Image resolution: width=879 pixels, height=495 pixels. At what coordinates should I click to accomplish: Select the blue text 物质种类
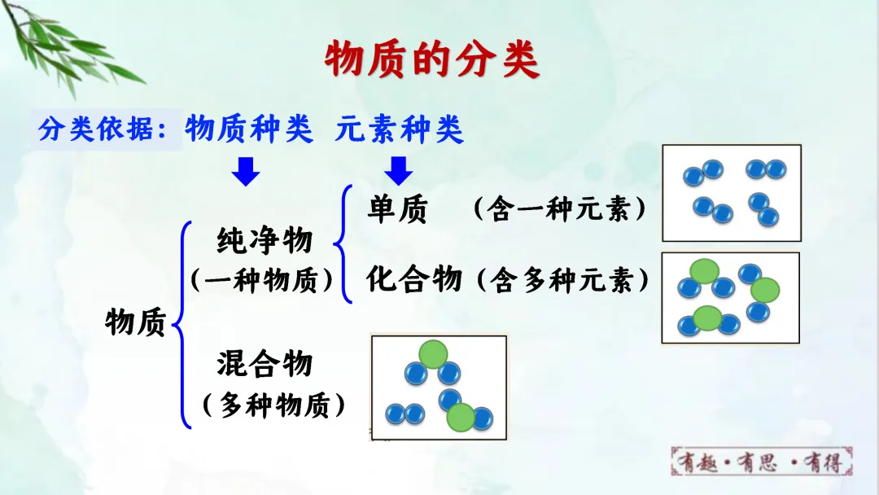coord(249,129)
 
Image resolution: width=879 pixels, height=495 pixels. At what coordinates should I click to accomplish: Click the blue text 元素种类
coord(399,129)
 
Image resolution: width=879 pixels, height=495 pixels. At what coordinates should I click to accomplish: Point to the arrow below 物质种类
coord(245,172)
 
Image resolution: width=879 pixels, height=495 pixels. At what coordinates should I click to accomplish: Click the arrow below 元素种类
coord(398,172)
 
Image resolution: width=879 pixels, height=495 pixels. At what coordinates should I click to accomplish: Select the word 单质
coord(397,211)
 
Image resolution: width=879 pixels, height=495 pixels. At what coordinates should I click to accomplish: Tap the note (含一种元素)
coord(560,211)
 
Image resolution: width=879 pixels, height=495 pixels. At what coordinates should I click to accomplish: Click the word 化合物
coord(414,279)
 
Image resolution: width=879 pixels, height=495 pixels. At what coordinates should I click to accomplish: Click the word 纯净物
coord(265,241)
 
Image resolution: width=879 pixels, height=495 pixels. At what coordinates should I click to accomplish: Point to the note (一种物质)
coord(264,280)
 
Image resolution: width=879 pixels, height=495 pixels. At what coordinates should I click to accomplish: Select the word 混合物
coord(265,363)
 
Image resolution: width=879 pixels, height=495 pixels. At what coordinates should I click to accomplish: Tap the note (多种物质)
coord(273,404)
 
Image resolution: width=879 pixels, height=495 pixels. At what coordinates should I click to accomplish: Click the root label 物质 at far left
coord(135,323)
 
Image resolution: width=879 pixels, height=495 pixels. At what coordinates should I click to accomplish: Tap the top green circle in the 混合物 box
coord(433,353)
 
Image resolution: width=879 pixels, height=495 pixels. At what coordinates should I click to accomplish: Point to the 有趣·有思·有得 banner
coord(764,462)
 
